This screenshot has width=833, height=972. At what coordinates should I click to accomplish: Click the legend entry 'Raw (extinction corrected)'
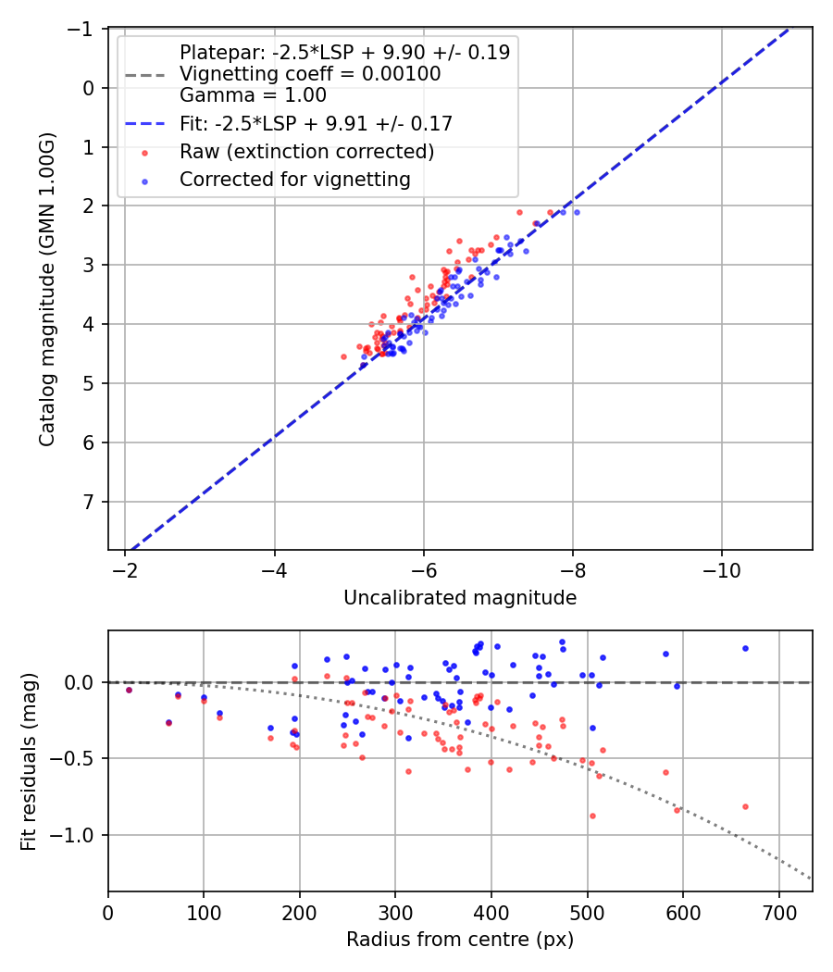coord(307,151)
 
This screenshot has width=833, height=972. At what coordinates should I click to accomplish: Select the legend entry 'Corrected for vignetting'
coord(295,180)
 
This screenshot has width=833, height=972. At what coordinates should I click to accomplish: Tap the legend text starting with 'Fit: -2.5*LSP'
coord(316,122)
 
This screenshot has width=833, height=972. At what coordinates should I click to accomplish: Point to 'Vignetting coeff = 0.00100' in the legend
coord(310,73)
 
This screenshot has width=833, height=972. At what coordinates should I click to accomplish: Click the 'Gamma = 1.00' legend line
coord(253,94)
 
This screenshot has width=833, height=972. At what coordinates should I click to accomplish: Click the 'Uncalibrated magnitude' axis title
coord(460,598)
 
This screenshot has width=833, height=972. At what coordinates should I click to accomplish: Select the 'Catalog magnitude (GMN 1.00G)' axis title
coord(47,290)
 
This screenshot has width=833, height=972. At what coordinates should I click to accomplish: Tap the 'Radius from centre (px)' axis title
coord(460,940)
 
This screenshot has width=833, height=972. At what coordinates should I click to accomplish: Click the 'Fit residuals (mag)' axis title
coord(29,761)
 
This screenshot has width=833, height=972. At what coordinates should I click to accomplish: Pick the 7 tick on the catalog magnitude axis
coord(91,502)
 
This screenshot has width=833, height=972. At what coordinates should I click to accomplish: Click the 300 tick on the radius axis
coord(395,912)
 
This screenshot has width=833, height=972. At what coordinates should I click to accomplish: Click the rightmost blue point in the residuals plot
coord(745,648)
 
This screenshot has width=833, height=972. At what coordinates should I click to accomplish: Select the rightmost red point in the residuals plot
coord(745,806)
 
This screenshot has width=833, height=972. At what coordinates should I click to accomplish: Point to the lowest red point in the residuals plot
coord(592,816)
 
